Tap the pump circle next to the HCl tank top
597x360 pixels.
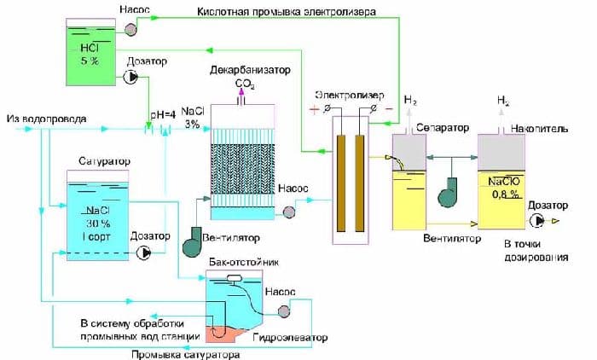[132, 29]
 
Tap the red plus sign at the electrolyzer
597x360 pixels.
[316, 109]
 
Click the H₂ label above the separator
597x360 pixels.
[410, 101]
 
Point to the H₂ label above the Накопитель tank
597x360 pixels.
[503, 101]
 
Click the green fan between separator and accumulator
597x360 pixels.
[449, 192]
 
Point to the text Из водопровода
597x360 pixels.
[38, 117]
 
